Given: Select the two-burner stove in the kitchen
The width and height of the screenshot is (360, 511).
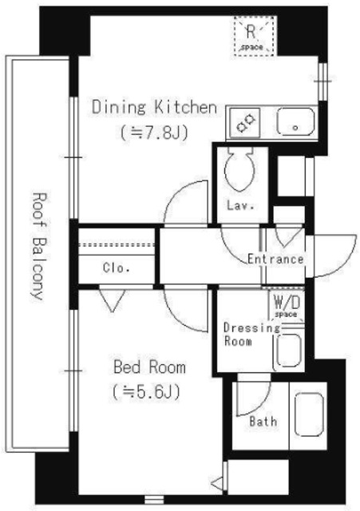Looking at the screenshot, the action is click(245, 123).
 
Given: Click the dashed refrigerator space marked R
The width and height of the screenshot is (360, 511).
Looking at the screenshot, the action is click(255, 36).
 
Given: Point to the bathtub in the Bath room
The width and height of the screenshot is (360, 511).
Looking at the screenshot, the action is click(309, 414).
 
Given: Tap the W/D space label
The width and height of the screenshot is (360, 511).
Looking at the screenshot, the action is click(287, 307).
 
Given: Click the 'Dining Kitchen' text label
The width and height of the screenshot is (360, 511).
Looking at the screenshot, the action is click(154, 107).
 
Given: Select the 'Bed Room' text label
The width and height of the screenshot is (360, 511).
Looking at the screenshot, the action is click(149, 367).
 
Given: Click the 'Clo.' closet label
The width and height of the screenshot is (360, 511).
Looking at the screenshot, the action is click(117, 268).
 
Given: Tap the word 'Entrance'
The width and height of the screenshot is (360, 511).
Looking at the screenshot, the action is click(275, 259).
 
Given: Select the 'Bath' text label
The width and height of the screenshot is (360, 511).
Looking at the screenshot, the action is click(263, 421).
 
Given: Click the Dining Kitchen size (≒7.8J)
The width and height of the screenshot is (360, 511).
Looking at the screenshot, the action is click(154, 133).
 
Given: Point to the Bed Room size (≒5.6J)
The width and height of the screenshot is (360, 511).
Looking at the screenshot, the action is click(146, 392).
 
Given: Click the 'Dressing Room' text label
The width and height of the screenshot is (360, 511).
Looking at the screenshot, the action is click(251, 335).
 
